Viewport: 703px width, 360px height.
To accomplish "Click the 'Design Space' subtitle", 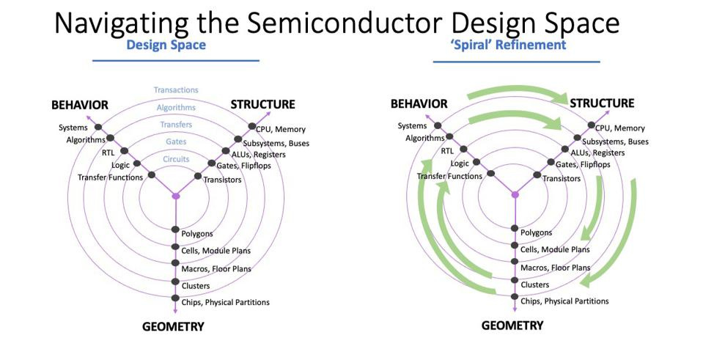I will (166, 45).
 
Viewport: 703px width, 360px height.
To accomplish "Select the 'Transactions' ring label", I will (176, 90).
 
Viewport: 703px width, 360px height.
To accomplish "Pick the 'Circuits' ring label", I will (176, 158).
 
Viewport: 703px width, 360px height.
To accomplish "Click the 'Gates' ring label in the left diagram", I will (176, 142).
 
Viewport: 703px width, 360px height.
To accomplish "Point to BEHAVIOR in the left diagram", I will (79, 105).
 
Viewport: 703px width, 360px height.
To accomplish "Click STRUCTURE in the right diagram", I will (602, 103).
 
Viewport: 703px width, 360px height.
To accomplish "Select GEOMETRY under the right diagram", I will (512, 325).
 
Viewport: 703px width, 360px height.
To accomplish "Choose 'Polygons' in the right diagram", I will (537, 232).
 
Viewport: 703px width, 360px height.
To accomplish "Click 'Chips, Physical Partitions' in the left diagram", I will (226, 302).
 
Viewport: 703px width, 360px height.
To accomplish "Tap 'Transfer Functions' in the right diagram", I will (449, 176).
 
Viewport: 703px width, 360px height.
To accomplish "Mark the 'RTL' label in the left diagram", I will (108, 153).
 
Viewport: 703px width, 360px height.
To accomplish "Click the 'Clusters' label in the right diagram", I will (535, 284).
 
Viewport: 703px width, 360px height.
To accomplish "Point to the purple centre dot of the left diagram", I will (175, 196).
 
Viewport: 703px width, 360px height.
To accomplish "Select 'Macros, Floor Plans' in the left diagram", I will (216, 269).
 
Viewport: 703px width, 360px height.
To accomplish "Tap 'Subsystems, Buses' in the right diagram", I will (615, 142).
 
